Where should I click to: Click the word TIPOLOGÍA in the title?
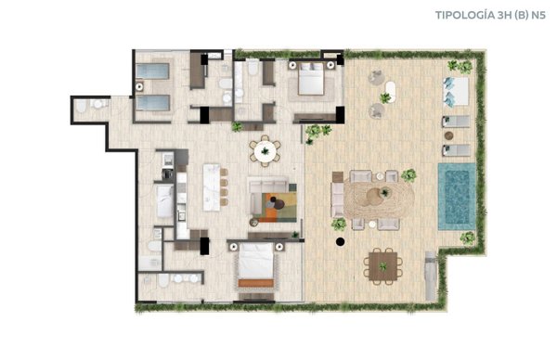pyautogui.click(x=465, y=16)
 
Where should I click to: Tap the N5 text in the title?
pyautogui.click(x=538, y=15)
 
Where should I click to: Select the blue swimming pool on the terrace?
pyautogui.click(x=457, y=197)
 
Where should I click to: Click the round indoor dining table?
pyautogui.click(x=265, y=151)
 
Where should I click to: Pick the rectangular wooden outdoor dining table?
pyautogui.click(x=382, y=266)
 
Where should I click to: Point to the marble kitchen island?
pyautogui.click(x=212, y=187)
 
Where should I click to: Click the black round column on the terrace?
pyautogui.click(x=340, y=242)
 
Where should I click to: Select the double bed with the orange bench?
pyautogui.click(x=256, y=264)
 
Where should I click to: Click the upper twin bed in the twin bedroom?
pyautogui.click(x=152, y=71)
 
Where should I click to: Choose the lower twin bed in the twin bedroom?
pyautogui.click(x=153, y=103)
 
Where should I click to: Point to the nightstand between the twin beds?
pyautogui.click(x=139, y=86)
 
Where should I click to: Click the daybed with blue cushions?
pyautogui.click(x=456, y=91)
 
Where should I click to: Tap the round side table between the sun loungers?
pyautogui.click(x=448, y=135)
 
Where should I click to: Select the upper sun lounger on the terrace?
pyautogui.click(x=456, y=122)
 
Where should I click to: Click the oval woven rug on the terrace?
pyautogui.click(x=379, y=197)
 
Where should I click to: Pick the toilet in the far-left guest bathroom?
pyautogui.click(x=82, y=106)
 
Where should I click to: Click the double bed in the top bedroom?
pyautogui.click(x=311, y=79)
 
